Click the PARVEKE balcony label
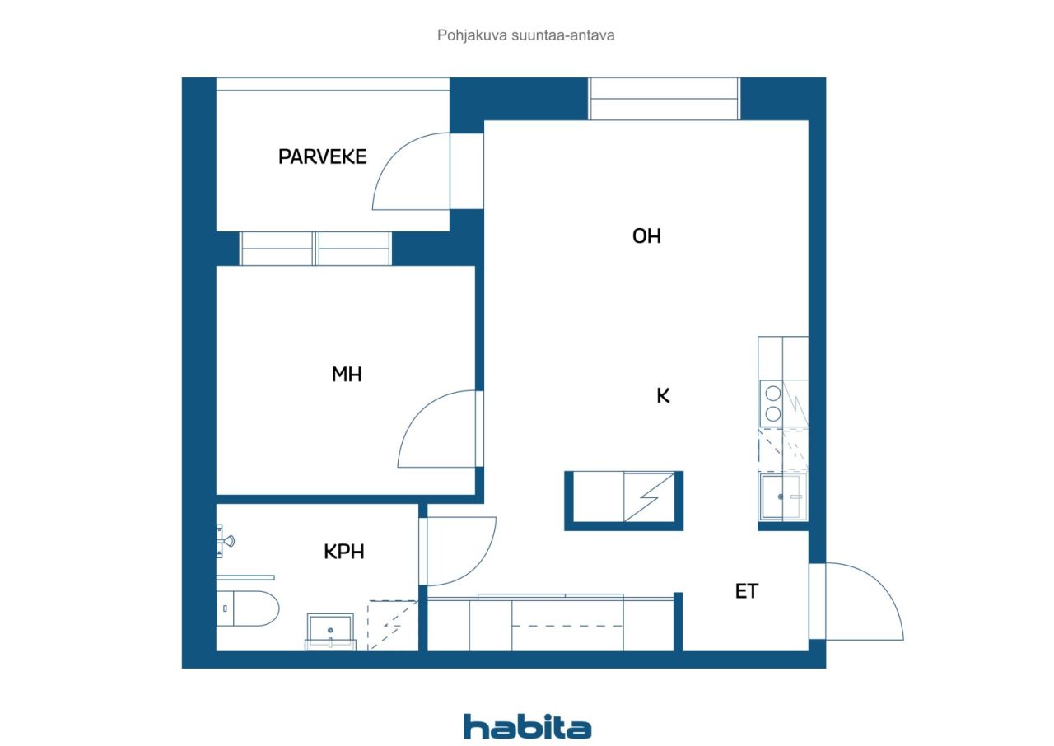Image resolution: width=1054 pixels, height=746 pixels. click(322, 156)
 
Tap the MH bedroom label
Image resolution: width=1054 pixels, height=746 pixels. click(347, 375)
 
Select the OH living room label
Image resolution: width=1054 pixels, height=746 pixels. click(646, 236)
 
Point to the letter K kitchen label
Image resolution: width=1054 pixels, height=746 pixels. click(663, 395)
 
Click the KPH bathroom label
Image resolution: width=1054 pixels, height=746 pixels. click(344, 552)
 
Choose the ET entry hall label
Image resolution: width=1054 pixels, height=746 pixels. click(747, 591)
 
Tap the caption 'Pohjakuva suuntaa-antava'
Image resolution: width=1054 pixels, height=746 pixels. click(525, 35)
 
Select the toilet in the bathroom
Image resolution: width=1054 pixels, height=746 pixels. click(248, 608)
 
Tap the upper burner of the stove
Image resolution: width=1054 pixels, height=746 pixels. click(773, 393)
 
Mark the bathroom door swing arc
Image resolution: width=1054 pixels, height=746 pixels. click(475, 564)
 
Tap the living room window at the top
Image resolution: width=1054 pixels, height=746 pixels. click(664, 99)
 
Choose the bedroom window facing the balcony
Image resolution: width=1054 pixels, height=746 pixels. click(315, 249)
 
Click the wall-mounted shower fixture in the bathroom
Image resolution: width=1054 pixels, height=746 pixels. click(225, 542)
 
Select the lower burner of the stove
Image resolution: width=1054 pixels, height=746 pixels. click(773, 414)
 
